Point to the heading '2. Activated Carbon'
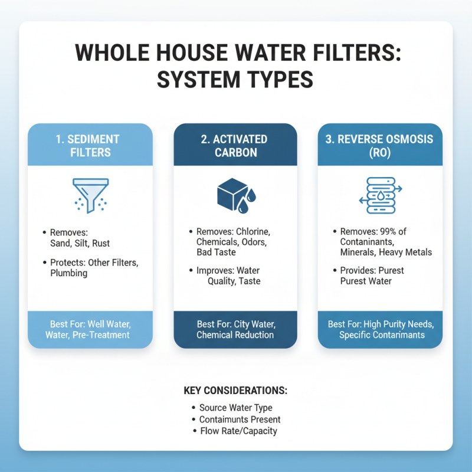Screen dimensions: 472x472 tap(234, 145)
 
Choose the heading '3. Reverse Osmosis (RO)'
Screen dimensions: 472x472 tap(379, 145)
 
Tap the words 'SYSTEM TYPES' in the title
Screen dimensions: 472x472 tap(236, 79)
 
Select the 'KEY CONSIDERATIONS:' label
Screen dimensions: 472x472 tap(235, 391)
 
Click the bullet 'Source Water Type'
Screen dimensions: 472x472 tap(235, 408)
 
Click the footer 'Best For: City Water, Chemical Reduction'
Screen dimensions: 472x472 tap(234, 329)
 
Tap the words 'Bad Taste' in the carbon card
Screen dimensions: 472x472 tap(217, 253)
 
